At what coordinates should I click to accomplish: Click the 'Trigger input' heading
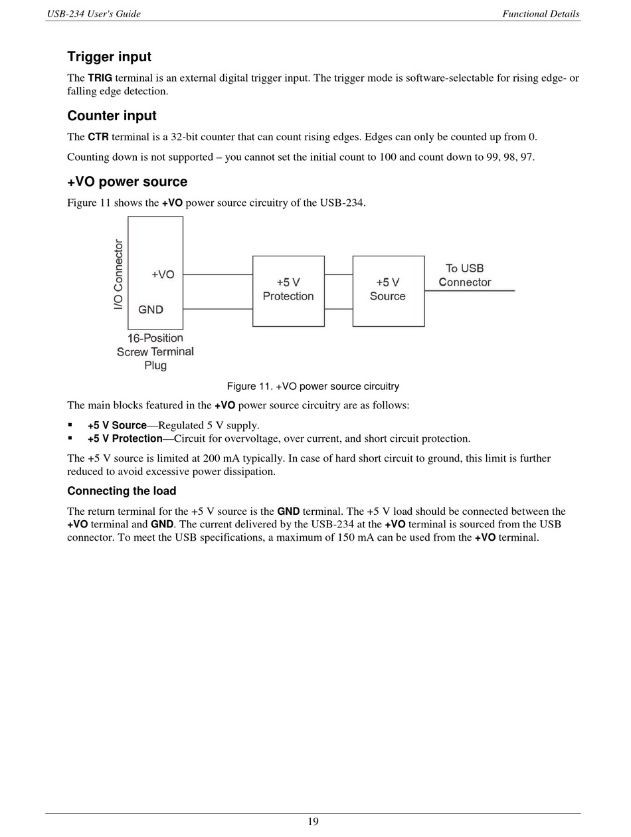109,57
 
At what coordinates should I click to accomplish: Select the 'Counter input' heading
112,116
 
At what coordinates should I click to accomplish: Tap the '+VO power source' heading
127,182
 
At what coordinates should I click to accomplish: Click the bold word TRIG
100,78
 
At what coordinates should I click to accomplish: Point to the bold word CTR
98,138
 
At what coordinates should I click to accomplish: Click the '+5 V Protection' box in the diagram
288,290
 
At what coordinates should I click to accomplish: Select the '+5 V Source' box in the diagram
388,290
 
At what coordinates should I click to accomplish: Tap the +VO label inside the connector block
163,274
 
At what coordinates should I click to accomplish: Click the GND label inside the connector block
151,310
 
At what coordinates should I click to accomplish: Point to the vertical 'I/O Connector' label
119,274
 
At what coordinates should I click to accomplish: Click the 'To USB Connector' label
465,275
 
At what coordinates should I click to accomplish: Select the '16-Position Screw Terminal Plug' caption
155,351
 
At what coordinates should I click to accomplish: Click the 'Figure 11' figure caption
313,387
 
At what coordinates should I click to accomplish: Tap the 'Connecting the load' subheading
122,492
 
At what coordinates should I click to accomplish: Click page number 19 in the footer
313,822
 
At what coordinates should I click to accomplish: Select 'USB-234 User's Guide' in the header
93,14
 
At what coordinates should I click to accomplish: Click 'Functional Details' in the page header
541,14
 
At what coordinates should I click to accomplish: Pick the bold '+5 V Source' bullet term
116,426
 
